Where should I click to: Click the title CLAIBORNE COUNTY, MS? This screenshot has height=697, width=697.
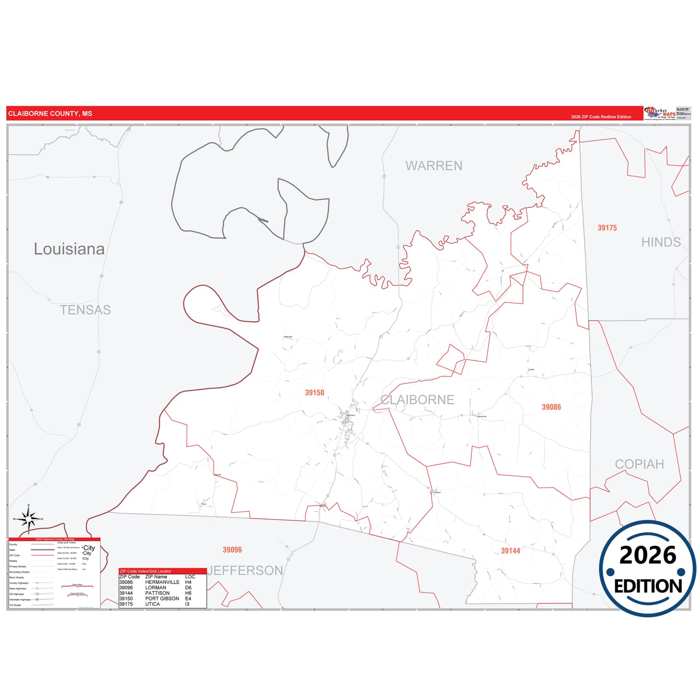pyautogui.click(x=50, y=114)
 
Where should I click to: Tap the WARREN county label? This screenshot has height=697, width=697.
pyautogui.click(x=434, y=166)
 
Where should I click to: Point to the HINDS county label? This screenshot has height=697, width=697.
pyautogui.click(x=661, y=242)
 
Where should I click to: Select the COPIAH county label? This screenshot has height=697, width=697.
pyautogui.click(x=639, y=464)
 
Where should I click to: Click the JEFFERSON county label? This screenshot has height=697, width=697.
pyautogui.click(x=245, y=571)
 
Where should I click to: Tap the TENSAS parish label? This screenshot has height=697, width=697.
pyautogui.click(x=85, y=310)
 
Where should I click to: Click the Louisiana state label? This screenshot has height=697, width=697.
pyautogui.click(x=69, y=249)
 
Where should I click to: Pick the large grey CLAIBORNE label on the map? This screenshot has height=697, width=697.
pyautogui.click(x=417, y=400)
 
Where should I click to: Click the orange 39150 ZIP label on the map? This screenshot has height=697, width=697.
pyautogui.click(x=314, y=393)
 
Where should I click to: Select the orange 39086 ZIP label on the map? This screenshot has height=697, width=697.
pyautogui.click(x=551, y=407)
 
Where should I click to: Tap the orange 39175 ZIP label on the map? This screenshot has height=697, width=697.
pyautogui.click(x=607, y=228)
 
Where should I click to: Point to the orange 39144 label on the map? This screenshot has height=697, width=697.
pyautogui.click(x=510, y=551)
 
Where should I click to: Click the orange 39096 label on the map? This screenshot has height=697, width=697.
pyautogui.click(x=232, y=550)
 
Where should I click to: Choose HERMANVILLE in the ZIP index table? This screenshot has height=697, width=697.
pyautogui.click(x=162, y=582)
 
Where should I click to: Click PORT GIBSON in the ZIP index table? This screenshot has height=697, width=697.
pyautogui.click(x=162, y=599)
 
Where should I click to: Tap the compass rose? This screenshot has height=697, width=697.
pyautogui.click(x=28, y=519)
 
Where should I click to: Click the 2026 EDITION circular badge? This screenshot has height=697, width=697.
pyautogui.click(x=647, y=569)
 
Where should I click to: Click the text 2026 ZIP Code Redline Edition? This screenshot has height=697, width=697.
pyautogui.click(x=601, y=117)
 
